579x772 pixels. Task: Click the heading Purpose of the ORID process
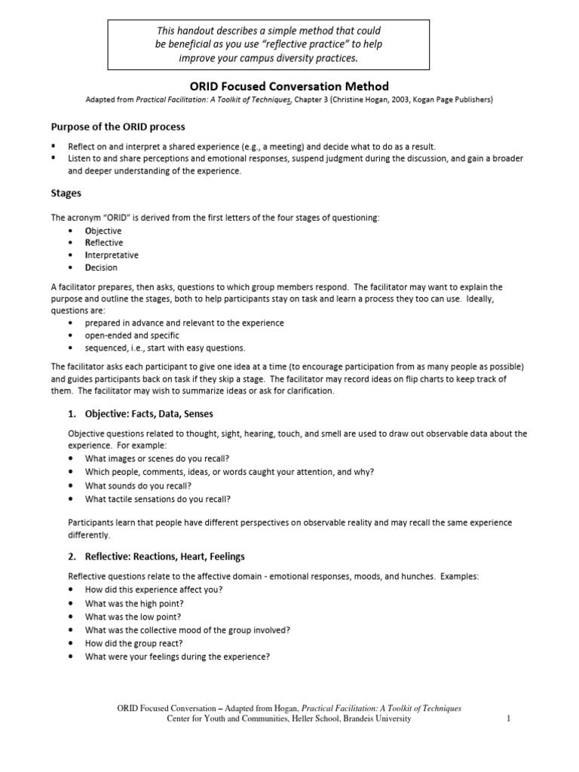pos(118,126)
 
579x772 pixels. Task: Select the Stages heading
pos(66,193)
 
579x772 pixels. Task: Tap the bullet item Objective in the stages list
pos(103,231)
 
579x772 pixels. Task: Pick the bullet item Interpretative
pos(112,255)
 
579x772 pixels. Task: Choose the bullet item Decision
pos(101,267)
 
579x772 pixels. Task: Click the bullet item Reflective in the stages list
pos(104,243)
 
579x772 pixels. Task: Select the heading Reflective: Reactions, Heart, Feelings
pos(156,556)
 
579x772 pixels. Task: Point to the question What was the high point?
pos(134,603)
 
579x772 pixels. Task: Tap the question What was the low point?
pos(133,616)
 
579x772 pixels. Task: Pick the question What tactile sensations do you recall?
pos(158,498)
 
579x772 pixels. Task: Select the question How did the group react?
pos(134,643)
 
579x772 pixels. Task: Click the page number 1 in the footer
pos(509,719)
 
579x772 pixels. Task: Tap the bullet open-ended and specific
pos(132,335)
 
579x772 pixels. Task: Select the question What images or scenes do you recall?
pos(157,458)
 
